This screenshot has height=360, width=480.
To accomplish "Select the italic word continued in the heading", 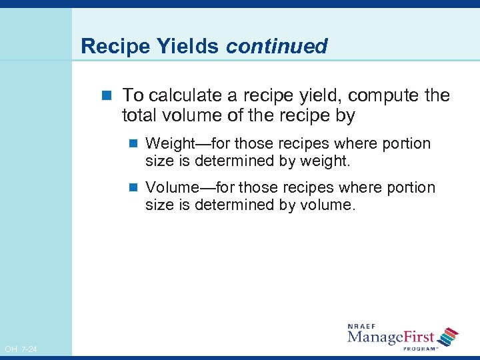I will [x=277, y=47].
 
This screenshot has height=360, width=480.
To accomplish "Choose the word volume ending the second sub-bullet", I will [x=329, y=205].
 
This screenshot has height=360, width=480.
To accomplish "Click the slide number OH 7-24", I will [x=21, y=349].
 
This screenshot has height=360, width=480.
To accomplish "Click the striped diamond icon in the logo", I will [x=450, y=335].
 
